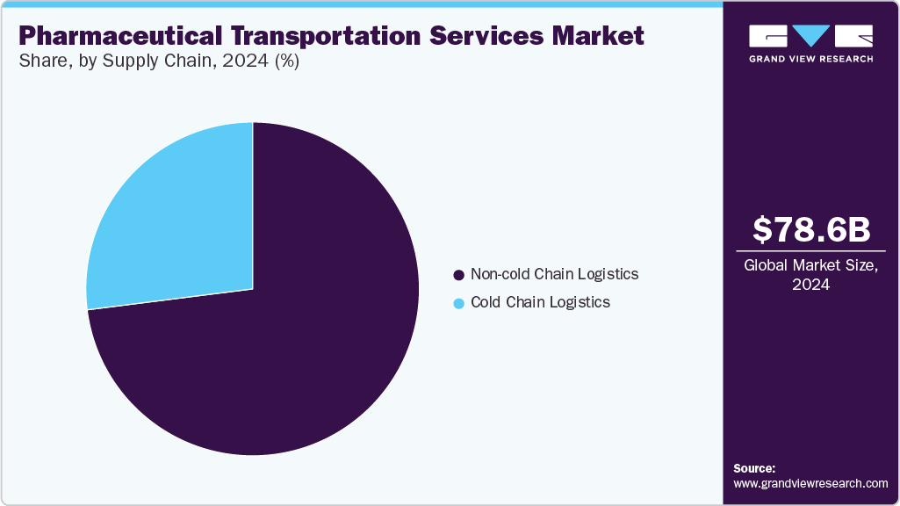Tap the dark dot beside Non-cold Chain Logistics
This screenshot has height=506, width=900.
458,275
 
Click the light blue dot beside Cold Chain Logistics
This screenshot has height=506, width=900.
458,303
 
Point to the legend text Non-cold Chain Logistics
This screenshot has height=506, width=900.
554,274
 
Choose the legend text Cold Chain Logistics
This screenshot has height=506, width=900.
540,302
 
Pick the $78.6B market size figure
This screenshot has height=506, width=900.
811,229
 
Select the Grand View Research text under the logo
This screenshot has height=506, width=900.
810,59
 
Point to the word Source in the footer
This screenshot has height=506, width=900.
754,468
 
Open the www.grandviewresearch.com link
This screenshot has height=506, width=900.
810,483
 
